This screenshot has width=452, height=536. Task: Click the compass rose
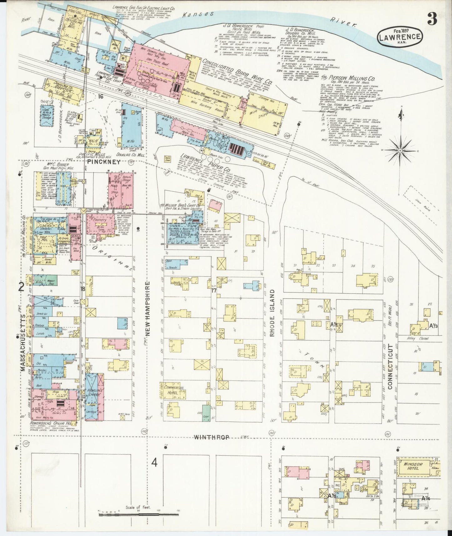(400, 151)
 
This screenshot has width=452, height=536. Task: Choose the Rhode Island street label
(272, 313)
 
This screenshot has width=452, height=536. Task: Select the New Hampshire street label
(148, 308)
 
